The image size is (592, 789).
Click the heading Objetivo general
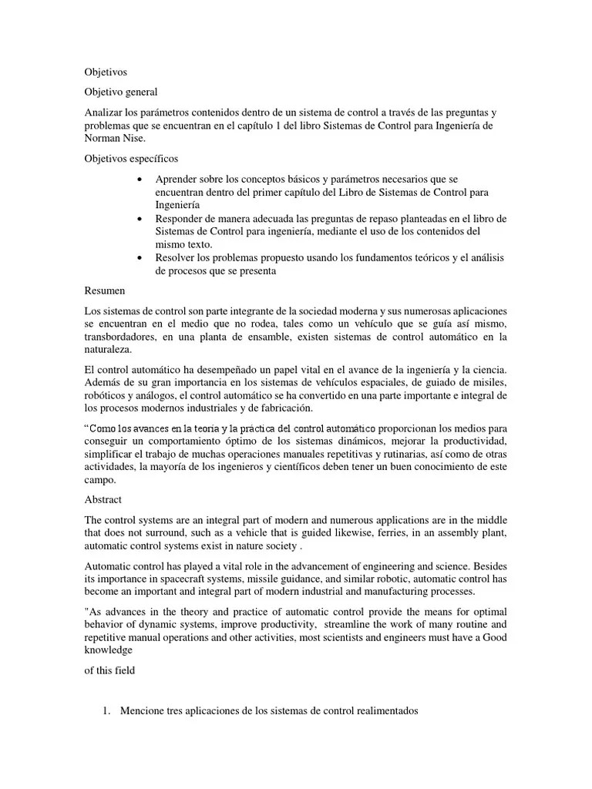pos(120,92)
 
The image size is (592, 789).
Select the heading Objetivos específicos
pos(131,159)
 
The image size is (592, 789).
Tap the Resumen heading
pos(104,292)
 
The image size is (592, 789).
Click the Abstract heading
pos(103,499)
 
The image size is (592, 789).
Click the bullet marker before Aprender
pos(138,180)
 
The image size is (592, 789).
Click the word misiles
pos(488,383)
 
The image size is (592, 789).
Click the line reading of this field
pos(109,670)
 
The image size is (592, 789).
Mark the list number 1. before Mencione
pos(107,712)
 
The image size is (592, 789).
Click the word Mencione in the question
pos(144,712)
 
